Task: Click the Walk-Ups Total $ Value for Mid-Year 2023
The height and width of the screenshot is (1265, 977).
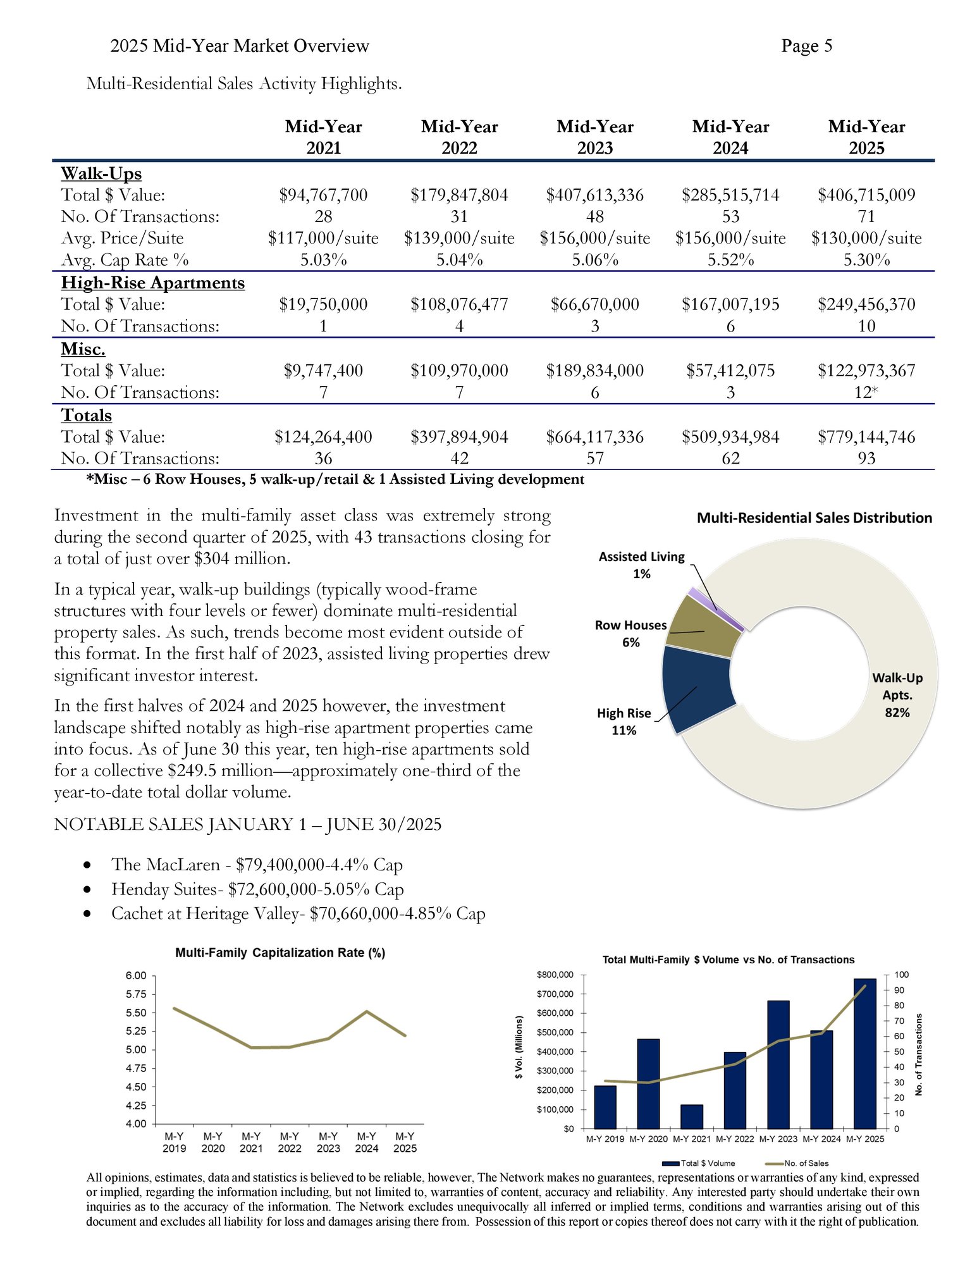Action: [594, 195]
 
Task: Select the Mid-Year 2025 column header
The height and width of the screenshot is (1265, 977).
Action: [866, 137]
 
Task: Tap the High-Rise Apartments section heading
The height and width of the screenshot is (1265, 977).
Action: [152, 283]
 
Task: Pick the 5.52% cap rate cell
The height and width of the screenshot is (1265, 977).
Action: [730, 260]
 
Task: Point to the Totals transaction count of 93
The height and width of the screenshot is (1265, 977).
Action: [866, 459]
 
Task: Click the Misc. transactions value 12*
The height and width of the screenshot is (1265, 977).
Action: [866, 393]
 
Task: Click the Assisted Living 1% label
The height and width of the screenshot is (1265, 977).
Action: [641, 565]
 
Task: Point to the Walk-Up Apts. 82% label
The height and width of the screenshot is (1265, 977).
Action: [897, 694]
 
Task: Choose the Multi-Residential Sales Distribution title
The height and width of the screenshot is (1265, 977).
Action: [814, 518]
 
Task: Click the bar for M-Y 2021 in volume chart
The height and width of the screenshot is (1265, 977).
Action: [691, 1116]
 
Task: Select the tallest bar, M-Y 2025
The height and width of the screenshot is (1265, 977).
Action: [864, 1053]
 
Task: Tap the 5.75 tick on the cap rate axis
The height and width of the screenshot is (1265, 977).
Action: [136, 994]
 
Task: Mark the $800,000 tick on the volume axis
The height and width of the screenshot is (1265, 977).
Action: [555, 975]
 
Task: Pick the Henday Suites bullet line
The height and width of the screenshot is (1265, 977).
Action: [257, 889]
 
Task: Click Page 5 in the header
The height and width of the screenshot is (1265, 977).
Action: [806, 46]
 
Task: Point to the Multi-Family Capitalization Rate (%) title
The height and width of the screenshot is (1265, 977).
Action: [280, 953]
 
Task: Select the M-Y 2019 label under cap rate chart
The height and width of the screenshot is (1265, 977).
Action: [174, 1142]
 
